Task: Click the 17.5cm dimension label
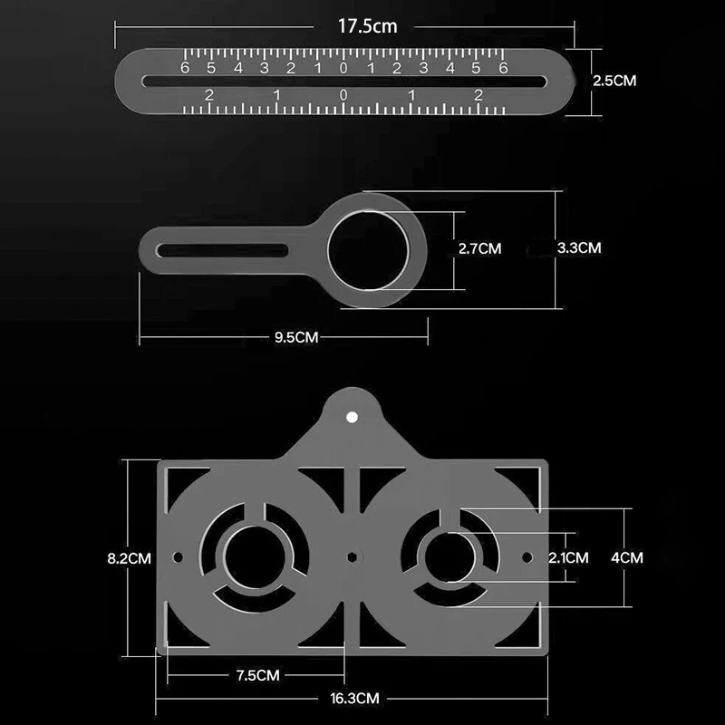pos(368,26)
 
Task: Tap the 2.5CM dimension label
pos(614,81)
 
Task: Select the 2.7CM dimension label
pos(477,247)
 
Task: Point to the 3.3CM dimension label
pos(579,246)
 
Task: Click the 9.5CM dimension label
pos(296,337)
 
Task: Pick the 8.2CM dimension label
pos(129,558)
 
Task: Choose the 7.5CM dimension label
pos(256,675)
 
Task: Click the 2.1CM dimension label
pos(568,558)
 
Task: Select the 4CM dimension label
pos(626,558)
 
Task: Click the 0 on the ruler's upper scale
pos(343,67)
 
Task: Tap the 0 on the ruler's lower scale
pos(343,95)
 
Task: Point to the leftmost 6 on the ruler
pos(185,67)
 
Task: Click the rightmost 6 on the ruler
pos(503,67)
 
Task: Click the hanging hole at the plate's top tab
pos(353,416)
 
